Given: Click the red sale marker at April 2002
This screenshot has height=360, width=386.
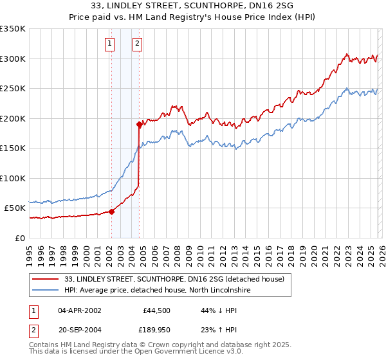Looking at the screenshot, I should (x=111, y=211).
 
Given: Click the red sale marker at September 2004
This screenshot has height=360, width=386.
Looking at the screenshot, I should (x=139, y=124).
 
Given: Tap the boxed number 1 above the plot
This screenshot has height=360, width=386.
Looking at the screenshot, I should (x=110, y=44).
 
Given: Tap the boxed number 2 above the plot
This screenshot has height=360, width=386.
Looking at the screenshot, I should (x=138, y=44).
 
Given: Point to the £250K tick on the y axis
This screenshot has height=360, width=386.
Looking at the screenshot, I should (x=13, y=89).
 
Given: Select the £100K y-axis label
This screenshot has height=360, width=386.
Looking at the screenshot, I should (x=13, y=178).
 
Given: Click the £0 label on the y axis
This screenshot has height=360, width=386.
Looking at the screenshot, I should (x=19, y=238).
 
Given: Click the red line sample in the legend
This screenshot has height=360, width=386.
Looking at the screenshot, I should (x=46, y=279).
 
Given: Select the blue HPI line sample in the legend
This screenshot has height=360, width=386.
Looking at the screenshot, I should (x=46, y=290).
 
